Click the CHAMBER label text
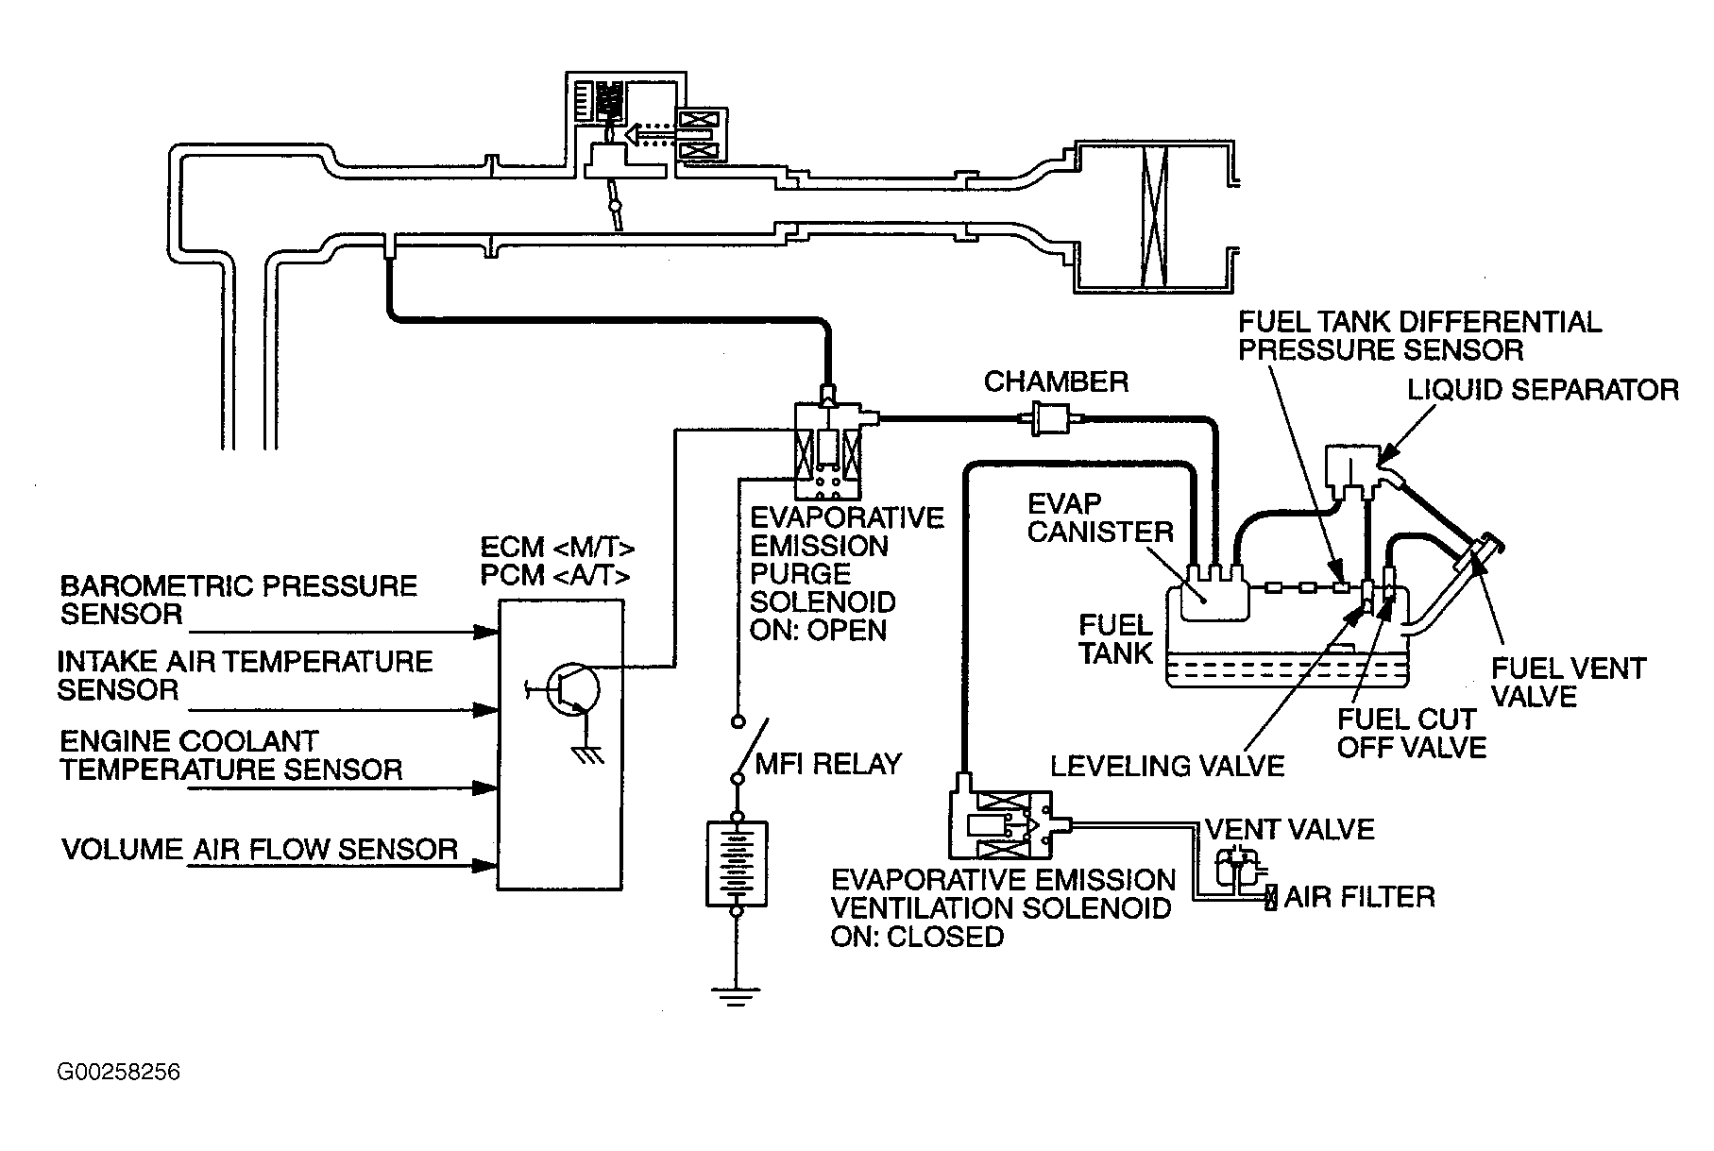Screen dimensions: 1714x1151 [x=1056, y=381]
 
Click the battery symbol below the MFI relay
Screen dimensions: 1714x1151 [x=737, y=864]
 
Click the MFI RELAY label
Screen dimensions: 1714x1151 [x=828, y=763]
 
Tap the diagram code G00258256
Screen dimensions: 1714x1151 [x=118, y=1072]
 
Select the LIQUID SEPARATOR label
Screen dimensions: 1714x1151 [x=1543, y=390]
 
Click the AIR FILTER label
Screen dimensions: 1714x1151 [x=1359, y=896]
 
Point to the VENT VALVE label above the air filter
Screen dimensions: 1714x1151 [x=1289, y=829]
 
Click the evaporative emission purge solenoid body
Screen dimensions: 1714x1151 [x=828, y=451]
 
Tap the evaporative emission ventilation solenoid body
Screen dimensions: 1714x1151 [x=1000, y=824]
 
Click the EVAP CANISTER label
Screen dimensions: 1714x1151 [x=1100, y=517]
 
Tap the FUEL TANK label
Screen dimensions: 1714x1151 [x=1116, y=638]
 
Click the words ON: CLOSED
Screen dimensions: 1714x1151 [x=917, y=937]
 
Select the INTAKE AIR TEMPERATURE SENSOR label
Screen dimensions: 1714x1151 [x=246, y=675]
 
